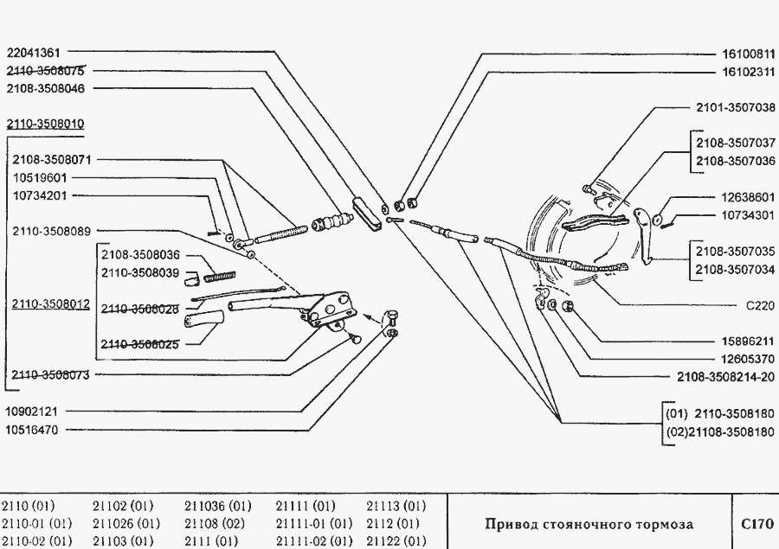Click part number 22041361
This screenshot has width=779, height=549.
36,52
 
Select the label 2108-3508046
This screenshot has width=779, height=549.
44,88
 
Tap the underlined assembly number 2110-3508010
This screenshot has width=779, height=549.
44,124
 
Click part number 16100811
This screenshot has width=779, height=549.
747,53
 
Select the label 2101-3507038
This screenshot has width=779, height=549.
735,108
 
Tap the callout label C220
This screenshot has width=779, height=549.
760,305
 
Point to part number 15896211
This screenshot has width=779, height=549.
747,341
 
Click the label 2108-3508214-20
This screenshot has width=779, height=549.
725,377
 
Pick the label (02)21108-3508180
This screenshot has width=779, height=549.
719,432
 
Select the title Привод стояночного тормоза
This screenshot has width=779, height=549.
589,524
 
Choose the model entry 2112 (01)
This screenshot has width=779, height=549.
394,524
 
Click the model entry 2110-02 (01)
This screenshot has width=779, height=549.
37,541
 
